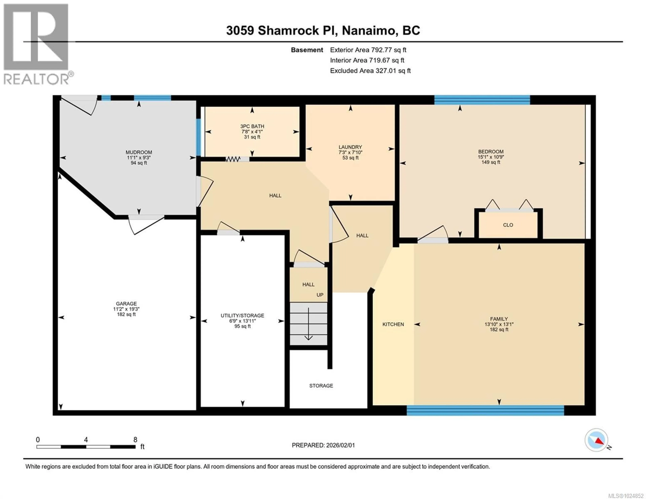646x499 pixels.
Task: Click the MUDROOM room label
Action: [x=139, y=152]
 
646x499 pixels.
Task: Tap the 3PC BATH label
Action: [x=252, y=126]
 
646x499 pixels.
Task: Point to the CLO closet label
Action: [x=508, y=225]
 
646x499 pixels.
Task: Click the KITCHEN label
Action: [x=393, y=324]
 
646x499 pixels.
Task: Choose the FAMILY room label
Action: [x=499, y=319]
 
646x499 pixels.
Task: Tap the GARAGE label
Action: [x=126, y=303]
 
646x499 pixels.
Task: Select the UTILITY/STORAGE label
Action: [x=242, y=316]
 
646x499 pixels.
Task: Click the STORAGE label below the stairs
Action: [x=321, y=386]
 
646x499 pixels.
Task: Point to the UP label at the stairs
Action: [x=320, y=295]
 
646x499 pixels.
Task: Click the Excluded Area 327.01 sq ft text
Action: [x=370, y=71]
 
